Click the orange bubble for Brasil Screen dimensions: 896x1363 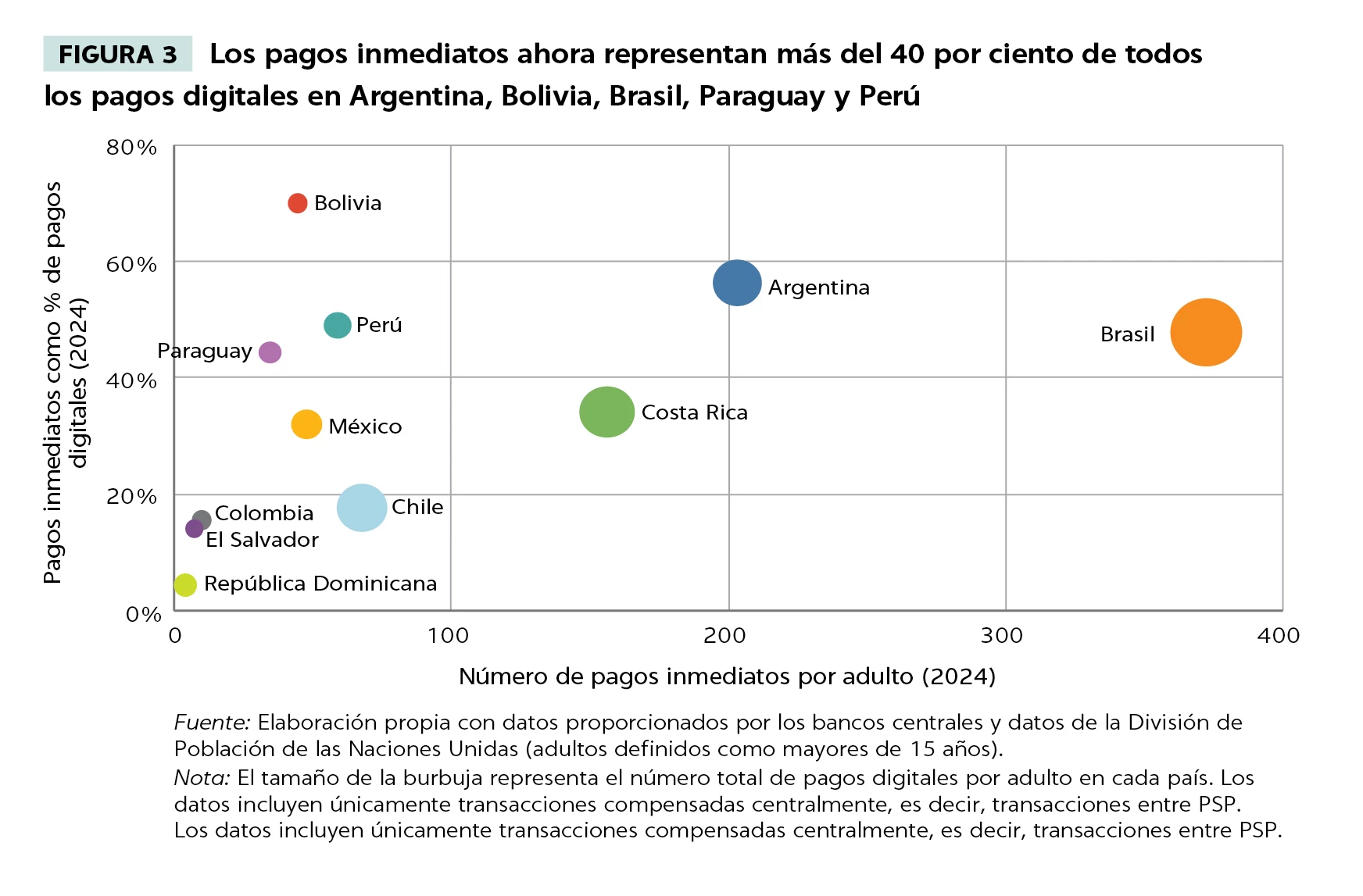(x=1205, y=332)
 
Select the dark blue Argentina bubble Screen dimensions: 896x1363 (x=737, y=283)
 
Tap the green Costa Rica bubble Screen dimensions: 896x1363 (x=606, y=412)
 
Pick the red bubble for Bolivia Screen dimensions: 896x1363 (x=297, y=203)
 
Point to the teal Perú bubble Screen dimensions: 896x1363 (x=337, y=325)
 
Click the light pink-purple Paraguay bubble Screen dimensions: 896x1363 (x=270, y=352)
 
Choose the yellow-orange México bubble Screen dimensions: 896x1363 (x=306, y=424)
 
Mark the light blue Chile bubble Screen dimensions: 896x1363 (x=362, y=508)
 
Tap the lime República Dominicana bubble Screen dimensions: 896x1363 (x=185, y=584)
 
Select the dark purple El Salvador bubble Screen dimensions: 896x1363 (x=194, y=530)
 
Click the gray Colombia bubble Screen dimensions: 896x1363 (x=202, y=519)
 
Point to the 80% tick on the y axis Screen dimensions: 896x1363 (x=131, y=147)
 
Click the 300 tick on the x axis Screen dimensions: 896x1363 (x=1002, y=635)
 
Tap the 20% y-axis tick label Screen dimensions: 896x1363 (x=131, y=496)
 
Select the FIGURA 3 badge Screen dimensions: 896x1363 (x=118, y=55)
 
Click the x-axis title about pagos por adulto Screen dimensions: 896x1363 (x=727, y=676)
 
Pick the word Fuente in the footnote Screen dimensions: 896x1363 (x=211, y=723)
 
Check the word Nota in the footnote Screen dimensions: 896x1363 (x=202, y=778)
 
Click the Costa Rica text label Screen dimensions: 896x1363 (x=694, y=412)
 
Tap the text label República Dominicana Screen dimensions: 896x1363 (x=320, y=584)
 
